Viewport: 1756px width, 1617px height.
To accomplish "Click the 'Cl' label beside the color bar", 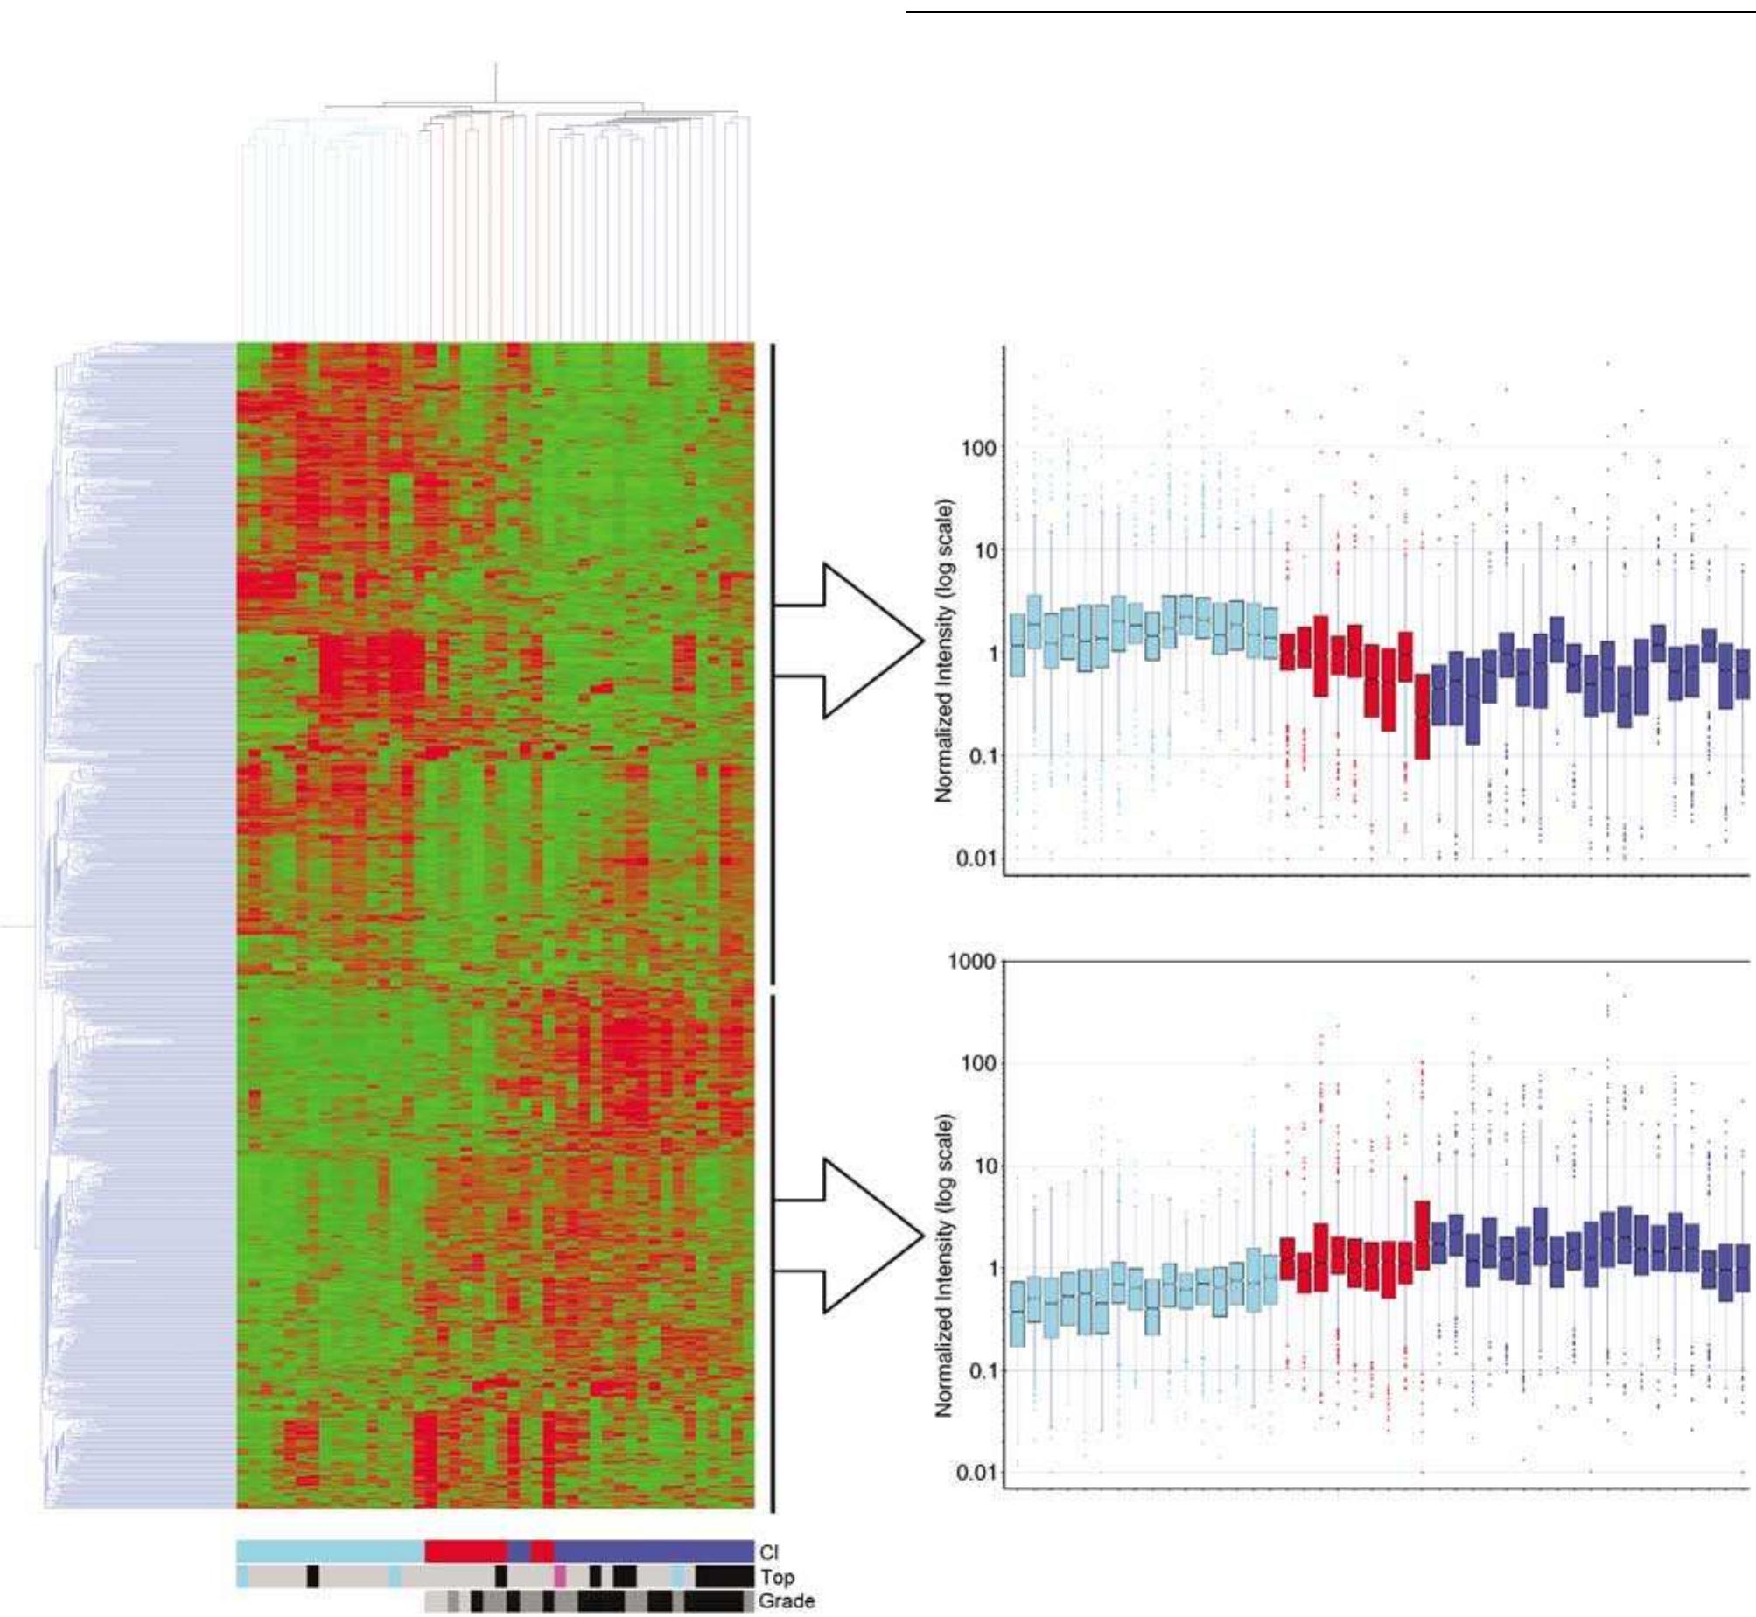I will (768, 1552).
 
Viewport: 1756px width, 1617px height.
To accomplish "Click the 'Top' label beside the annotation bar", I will (777, 1577).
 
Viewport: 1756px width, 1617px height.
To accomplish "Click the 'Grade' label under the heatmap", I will (787, 1601).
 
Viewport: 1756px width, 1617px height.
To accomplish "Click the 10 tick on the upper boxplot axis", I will (984, 550).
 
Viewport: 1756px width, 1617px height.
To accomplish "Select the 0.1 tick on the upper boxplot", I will (981, 755).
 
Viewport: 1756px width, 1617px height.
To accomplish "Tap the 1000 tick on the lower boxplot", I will (972, 962).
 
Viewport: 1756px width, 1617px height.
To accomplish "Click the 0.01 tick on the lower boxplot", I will (976, 1473).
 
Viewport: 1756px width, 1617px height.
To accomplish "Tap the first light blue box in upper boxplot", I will (1017, 645).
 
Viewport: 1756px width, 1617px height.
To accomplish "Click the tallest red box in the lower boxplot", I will (1422, 1235).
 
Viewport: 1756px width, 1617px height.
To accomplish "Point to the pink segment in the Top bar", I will (560, 1577).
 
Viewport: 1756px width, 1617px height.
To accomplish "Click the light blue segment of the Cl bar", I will (330, 1551).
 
